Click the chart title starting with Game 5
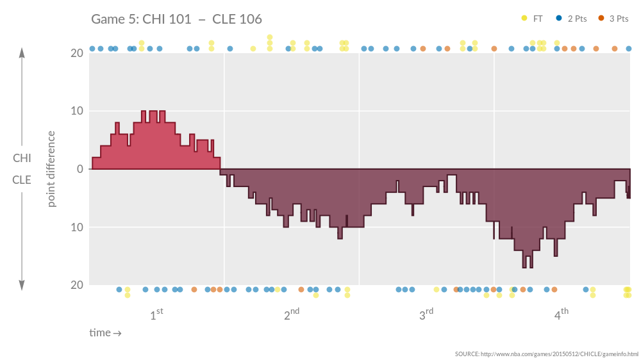tap(176, 19)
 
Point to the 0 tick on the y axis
tap(79, 169)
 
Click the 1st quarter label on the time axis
tap(156, 315)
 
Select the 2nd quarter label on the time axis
tap(292, 315)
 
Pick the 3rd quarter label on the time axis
tap(426, 315)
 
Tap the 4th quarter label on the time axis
tap(561, 315)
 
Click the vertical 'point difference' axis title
tap(52, 169)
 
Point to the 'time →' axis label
tap(105, 333)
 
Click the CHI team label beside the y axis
tap(22, 158)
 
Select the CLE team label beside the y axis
tap(22, 180)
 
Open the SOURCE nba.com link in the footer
tap(547, 354)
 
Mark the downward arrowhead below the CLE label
tap(22, 285)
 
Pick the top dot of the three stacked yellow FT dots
tap(270, 37)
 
